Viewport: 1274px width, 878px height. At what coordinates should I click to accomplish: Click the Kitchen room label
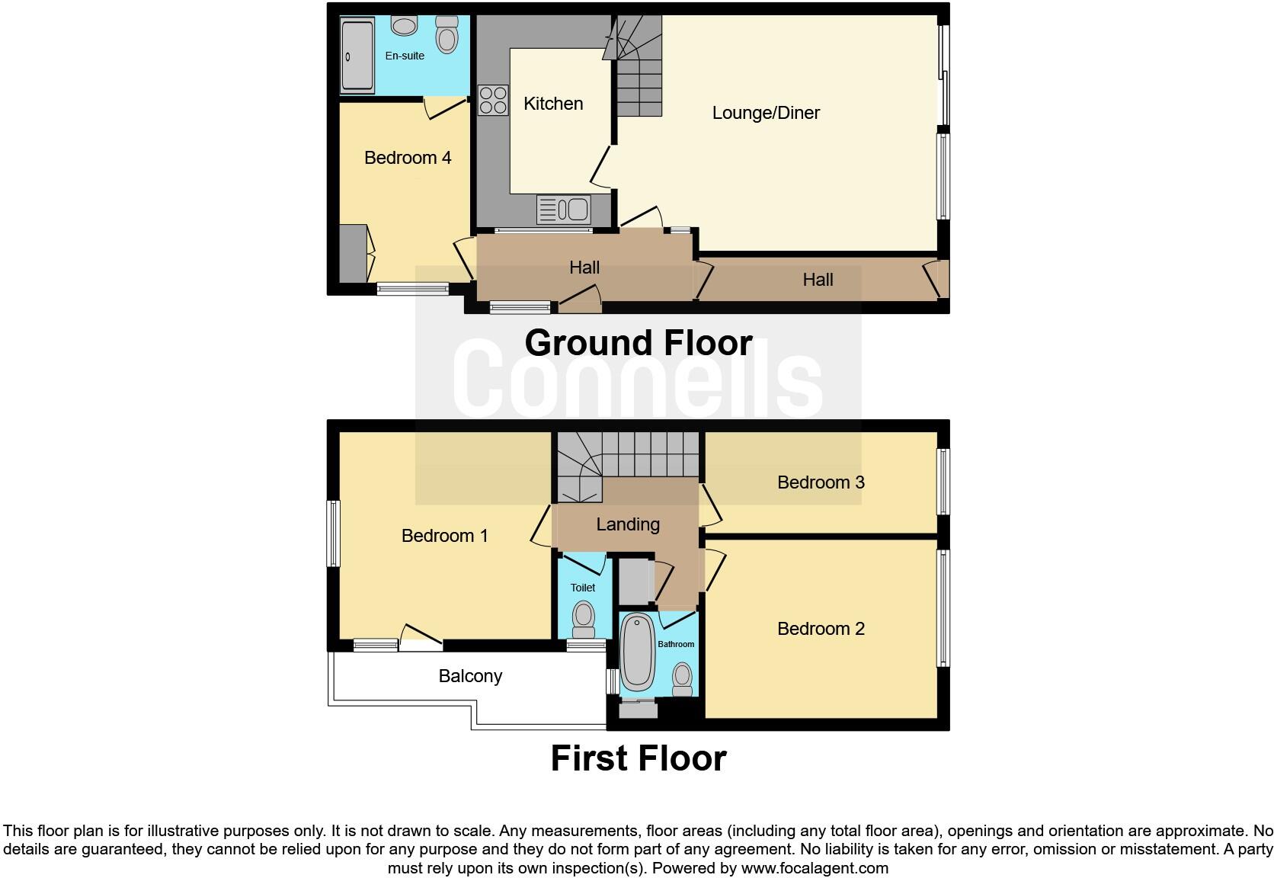click(553, 104)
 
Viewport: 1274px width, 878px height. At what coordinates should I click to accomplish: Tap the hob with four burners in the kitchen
click(493, 100)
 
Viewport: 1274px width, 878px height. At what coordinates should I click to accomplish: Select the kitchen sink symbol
click(564, 210)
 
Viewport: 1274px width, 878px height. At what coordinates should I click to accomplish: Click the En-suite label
click(405, 56)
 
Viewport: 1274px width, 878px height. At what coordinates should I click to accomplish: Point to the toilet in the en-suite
click(447, 35)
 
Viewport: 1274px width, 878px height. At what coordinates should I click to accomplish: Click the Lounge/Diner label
click(766, 113)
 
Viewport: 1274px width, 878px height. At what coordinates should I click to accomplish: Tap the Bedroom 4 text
click(408, 158)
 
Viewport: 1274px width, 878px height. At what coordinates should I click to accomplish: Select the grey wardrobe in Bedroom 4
click(353, 254)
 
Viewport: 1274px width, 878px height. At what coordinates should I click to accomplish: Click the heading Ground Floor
click(639, 343)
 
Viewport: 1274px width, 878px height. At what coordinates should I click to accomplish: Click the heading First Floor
click(639, 758)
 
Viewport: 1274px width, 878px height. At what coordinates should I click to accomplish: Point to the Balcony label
click(470, 676)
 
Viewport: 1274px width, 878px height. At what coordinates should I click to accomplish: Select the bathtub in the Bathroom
click(637, 651)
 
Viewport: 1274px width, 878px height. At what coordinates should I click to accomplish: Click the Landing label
click(628, 524)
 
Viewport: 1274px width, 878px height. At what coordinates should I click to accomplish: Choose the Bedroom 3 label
click(821, 482)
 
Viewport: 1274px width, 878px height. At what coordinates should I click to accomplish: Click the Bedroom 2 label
click(821, 629)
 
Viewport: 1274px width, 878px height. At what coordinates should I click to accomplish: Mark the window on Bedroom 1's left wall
click(333, 534)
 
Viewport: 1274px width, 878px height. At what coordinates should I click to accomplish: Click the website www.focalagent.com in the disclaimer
click(814, 868)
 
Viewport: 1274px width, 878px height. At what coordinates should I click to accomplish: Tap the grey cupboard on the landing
click(633, 582)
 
